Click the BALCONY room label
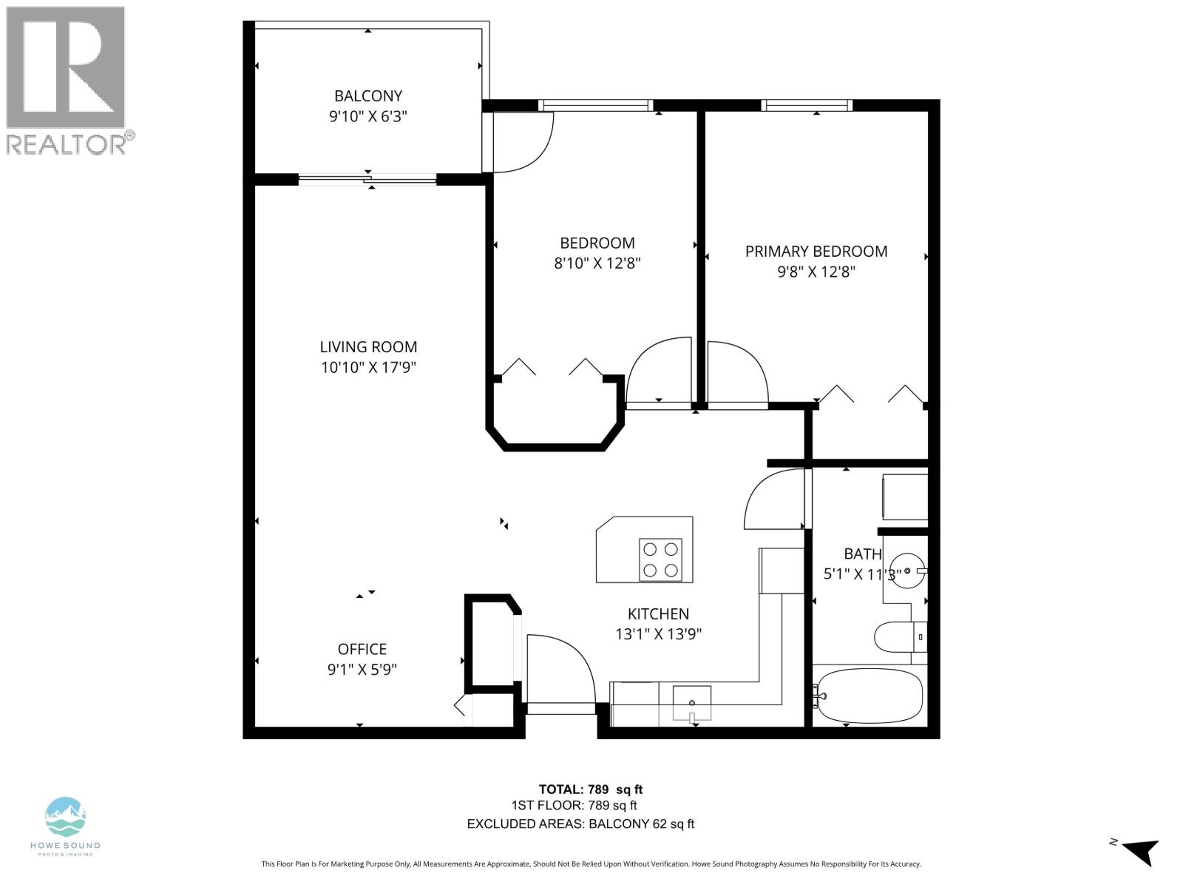tap(368, 95)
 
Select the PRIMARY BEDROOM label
tap(816, 251)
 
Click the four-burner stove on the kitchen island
tap(660, 559)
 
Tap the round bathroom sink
tap(906, 571)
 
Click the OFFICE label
tap(362, 649)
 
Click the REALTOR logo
tap(67, 80)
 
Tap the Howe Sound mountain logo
tap(65, 818)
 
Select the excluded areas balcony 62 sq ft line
tap(580, 824)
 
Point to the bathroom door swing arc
tap(774, 501)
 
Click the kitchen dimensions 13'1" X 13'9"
tap(658, 634)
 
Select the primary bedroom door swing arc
tap(736, 374)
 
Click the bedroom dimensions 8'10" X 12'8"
tap(597, 263)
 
